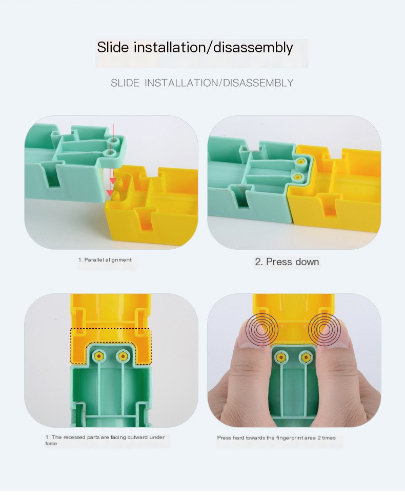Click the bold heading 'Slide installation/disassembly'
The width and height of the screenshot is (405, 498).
tap(195, 47)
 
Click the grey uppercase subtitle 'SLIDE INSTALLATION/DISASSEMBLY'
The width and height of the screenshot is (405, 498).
tap(202, 83)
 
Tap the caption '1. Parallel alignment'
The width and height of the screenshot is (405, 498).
tap(105, 260)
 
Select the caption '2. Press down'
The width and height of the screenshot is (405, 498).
tap(287, 262)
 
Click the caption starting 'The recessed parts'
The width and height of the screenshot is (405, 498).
tap(105, 440)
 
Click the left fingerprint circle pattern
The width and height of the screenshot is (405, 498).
tap(262, 329)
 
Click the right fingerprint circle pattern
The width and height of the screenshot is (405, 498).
tap(324, 329)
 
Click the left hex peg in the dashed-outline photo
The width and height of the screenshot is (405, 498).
tap(99, 356)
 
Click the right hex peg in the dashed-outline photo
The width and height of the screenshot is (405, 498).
tap(123, 356)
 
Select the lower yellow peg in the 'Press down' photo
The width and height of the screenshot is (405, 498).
tap(298, 176)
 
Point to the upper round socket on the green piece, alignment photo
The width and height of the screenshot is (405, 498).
tap(112, 141)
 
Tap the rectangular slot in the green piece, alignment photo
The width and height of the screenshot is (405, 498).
tap(52, 175)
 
